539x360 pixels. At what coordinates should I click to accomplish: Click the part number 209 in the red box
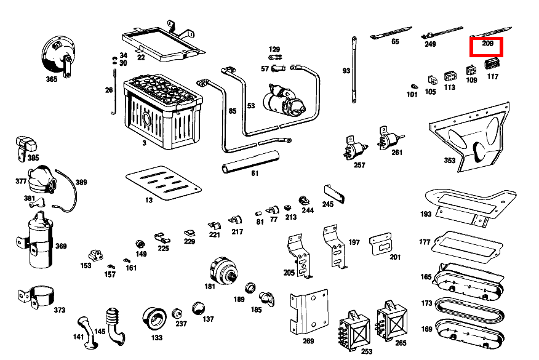(487, 44)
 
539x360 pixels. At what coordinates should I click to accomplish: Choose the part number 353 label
(450, 161)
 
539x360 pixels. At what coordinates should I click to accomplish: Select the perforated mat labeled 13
(163, 183)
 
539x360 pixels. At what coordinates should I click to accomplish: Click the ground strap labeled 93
(354, 71)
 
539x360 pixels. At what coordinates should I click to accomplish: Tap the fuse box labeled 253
(353, 326)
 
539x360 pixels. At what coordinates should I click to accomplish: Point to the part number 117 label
(493, 77)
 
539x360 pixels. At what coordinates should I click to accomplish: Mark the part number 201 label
(394, 257)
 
